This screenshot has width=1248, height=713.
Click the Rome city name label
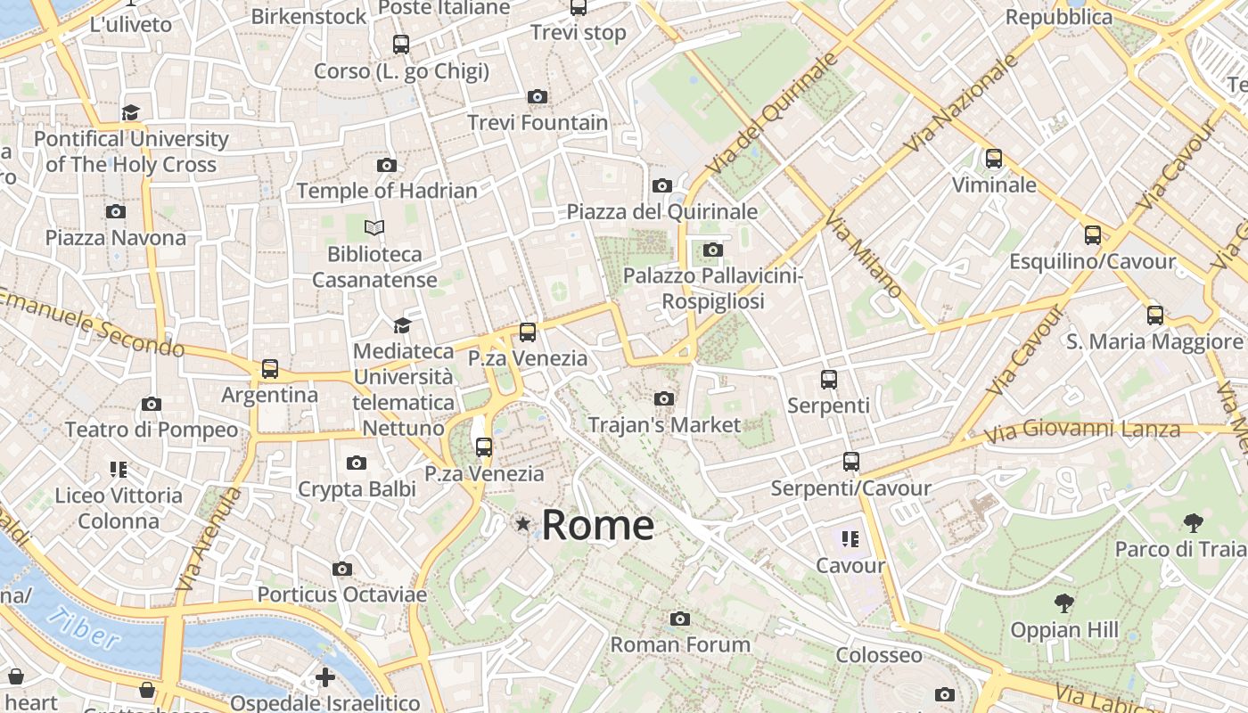(597, 525)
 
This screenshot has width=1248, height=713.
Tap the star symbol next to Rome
(523, 524)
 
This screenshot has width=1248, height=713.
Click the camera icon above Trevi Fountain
(537, 96)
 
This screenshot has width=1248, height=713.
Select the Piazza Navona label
(116, 238)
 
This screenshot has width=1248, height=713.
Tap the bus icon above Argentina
(269, 368)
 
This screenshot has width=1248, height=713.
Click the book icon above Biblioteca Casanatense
(374, 228)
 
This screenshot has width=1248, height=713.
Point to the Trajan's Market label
(664, 425)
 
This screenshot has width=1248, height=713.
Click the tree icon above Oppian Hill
(1063, 603)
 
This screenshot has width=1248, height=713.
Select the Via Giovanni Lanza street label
(1082, 432)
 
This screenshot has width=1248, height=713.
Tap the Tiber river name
(84, 628)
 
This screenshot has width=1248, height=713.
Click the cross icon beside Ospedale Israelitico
(325, 677)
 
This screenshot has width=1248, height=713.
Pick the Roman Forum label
(680, 643)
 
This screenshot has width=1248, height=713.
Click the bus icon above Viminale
(994, 159)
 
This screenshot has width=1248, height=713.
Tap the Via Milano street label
(864, 254)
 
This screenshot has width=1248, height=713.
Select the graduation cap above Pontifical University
(131, 112)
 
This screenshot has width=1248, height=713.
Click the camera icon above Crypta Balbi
(357, 463)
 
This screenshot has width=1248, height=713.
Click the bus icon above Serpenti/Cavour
(850, 462)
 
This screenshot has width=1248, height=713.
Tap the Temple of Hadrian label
(387, 191)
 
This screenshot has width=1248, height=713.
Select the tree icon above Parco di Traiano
(1193, 522)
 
